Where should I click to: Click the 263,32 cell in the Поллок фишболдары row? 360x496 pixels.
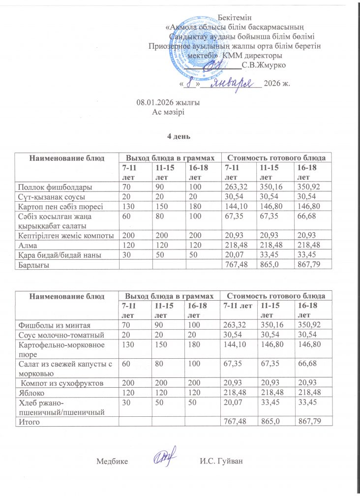(235, 187)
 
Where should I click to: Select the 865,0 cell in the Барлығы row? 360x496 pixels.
(268, 265)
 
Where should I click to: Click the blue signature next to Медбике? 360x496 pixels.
(163, 458)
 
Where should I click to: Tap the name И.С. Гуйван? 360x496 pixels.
(222, 461)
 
